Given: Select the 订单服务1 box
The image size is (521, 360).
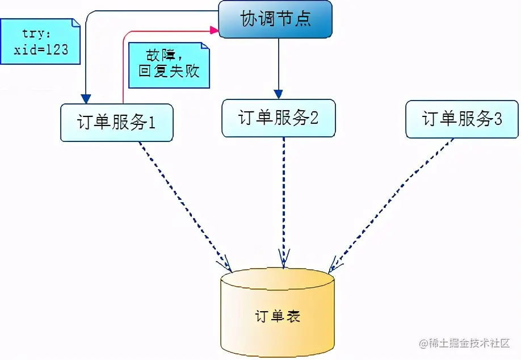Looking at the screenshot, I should [x=116, y=123].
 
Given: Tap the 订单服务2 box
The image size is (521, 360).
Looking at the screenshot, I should [x=278, y=118].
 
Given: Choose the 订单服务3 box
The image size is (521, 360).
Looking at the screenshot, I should [x=461, y=119].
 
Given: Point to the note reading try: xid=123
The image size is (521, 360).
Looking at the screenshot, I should [x=40, y=41].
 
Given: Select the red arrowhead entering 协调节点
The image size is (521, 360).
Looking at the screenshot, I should [x=214, y=30].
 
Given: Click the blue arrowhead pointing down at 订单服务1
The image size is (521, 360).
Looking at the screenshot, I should [x=86, y=98].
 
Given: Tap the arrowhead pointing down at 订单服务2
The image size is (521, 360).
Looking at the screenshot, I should [x=278, y=94].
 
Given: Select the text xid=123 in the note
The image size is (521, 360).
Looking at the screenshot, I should [x=41, y=49].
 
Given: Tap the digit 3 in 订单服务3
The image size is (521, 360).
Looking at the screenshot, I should [x=498, y=119].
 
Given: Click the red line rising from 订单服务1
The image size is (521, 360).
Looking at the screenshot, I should [x=123, y=74].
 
